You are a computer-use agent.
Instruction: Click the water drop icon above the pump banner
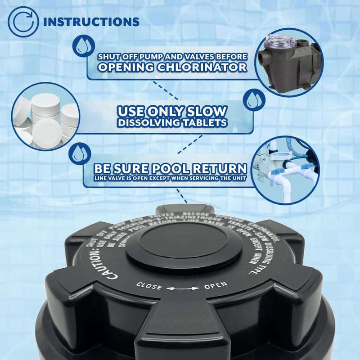82,46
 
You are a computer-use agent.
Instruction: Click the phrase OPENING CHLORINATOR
172,67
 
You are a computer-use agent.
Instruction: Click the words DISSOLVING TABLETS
171,122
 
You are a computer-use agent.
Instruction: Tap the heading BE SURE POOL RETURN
170,169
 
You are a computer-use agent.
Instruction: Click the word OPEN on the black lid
216,285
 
